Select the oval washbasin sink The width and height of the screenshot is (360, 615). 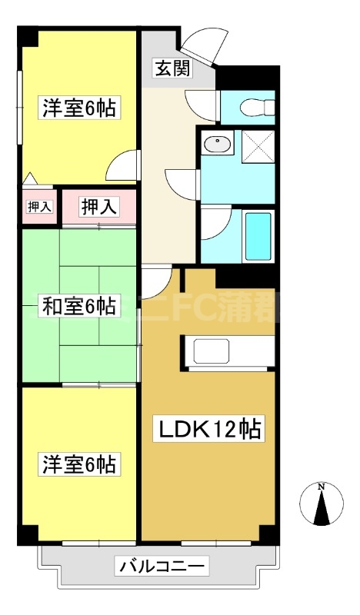[220, 143]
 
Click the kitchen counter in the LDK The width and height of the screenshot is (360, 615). [228, 351]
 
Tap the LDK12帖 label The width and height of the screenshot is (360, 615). [210, 429]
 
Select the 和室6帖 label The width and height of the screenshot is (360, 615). [78, 307]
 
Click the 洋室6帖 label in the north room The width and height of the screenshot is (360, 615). [78, 108]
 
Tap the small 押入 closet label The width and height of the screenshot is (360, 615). [39, 206]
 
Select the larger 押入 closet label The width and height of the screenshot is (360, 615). [100, 206]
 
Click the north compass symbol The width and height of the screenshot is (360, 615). [322, 504]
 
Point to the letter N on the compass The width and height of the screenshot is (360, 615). [322, 487]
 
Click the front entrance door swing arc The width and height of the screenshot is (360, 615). [203, 45]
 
